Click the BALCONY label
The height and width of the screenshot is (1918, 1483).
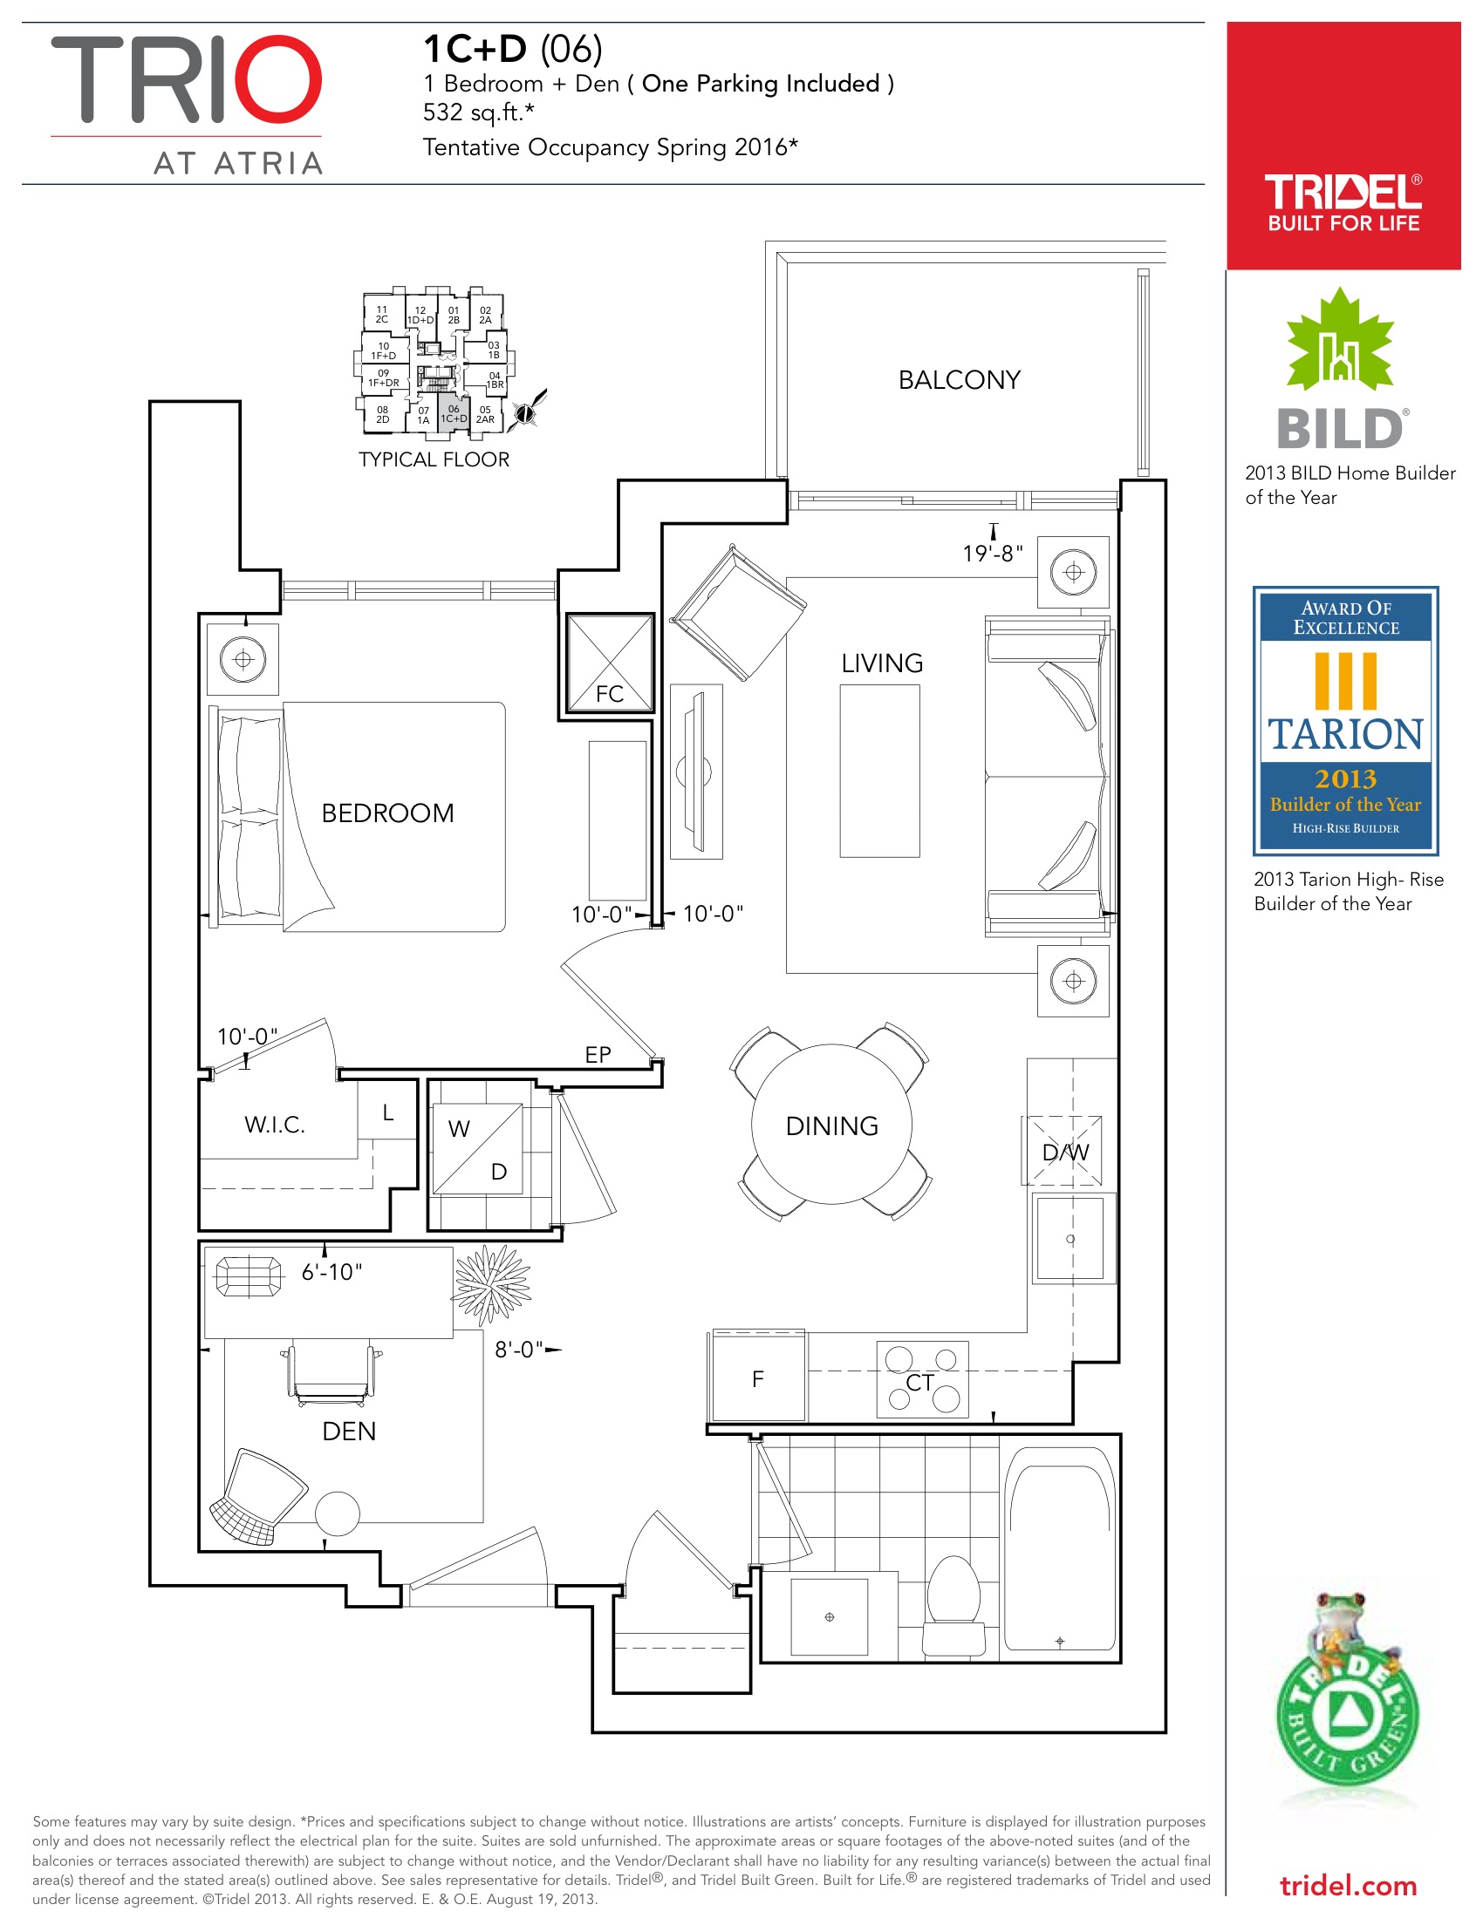(959, 380)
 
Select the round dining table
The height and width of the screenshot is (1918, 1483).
(831, 1124)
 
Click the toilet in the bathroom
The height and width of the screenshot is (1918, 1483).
(953, 1605)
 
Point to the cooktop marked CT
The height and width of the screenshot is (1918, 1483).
(921, 1379)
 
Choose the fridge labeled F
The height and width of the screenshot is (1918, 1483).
(758, 1376)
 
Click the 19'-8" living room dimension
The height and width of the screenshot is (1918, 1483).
(992, 554)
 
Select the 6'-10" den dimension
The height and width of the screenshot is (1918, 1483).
(331, 1272)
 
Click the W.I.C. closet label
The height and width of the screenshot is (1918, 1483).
(274, 1125)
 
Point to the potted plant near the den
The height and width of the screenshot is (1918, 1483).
(491, 1285)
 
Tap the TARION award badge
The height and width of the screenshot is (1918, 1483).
(1345, 720)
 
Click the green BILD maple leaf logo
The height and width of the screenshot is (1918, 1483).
(1340, 340)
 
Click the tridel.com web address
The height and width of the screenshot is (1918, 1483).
(1348, 1887)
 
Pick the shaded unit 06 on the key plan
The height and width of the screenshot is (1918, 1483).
(454, 413)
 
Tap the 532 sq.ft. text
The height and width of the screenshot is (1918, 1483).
(478, 112)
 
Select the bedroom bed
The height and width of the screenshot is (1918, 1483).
(357, 816)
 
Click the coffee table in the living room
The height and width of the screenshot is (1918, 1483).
(879, 770)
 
